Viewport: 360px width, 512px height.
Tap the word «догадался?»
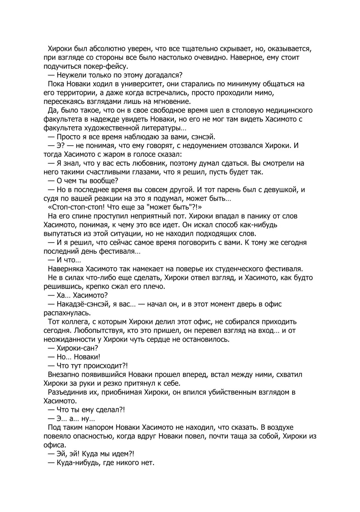164,75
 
